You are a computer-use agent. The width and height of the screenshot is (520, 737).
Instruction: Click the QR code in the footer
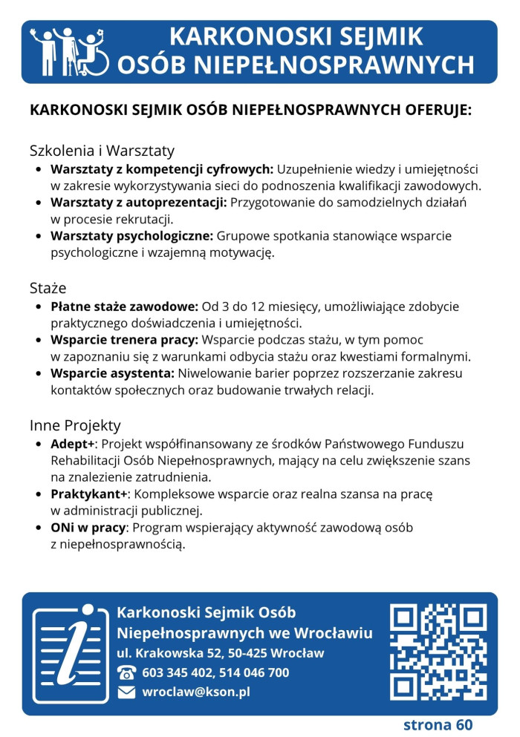pyautogui.click(x=438, y=652)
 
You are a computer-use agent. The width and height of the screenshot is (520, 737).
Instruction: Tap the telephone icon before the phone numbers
pyautogui.click(x=127, y=673)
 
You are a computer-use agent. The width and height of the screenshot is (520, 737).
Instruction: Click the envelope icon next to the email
pyautogui.click(x=127, y=692)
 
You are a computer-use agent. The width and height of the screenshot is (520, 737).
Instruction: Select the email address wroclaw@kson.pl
pyautogui.click(x=196, y=692)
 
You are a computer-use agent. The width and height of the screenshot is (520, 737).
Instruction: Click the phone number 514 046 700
pyautogui.click(x=253, y=673)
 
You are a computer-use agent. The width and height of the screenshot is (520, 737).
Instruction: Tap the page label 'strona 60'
pyautogui.click(x=438, y=724)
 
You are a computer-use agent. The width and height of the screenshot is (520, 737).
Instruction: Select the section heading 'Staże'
pyautogui.click(x=48, y=287)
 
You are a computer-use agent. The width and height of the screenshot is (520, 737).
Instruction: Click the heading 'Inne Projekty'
pyautogui.click(x=75, y=426)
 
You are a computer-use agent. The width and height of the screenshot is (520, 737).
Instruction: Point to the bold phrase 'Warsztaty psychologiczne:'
pyautogui.click(x=131, y=236)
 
